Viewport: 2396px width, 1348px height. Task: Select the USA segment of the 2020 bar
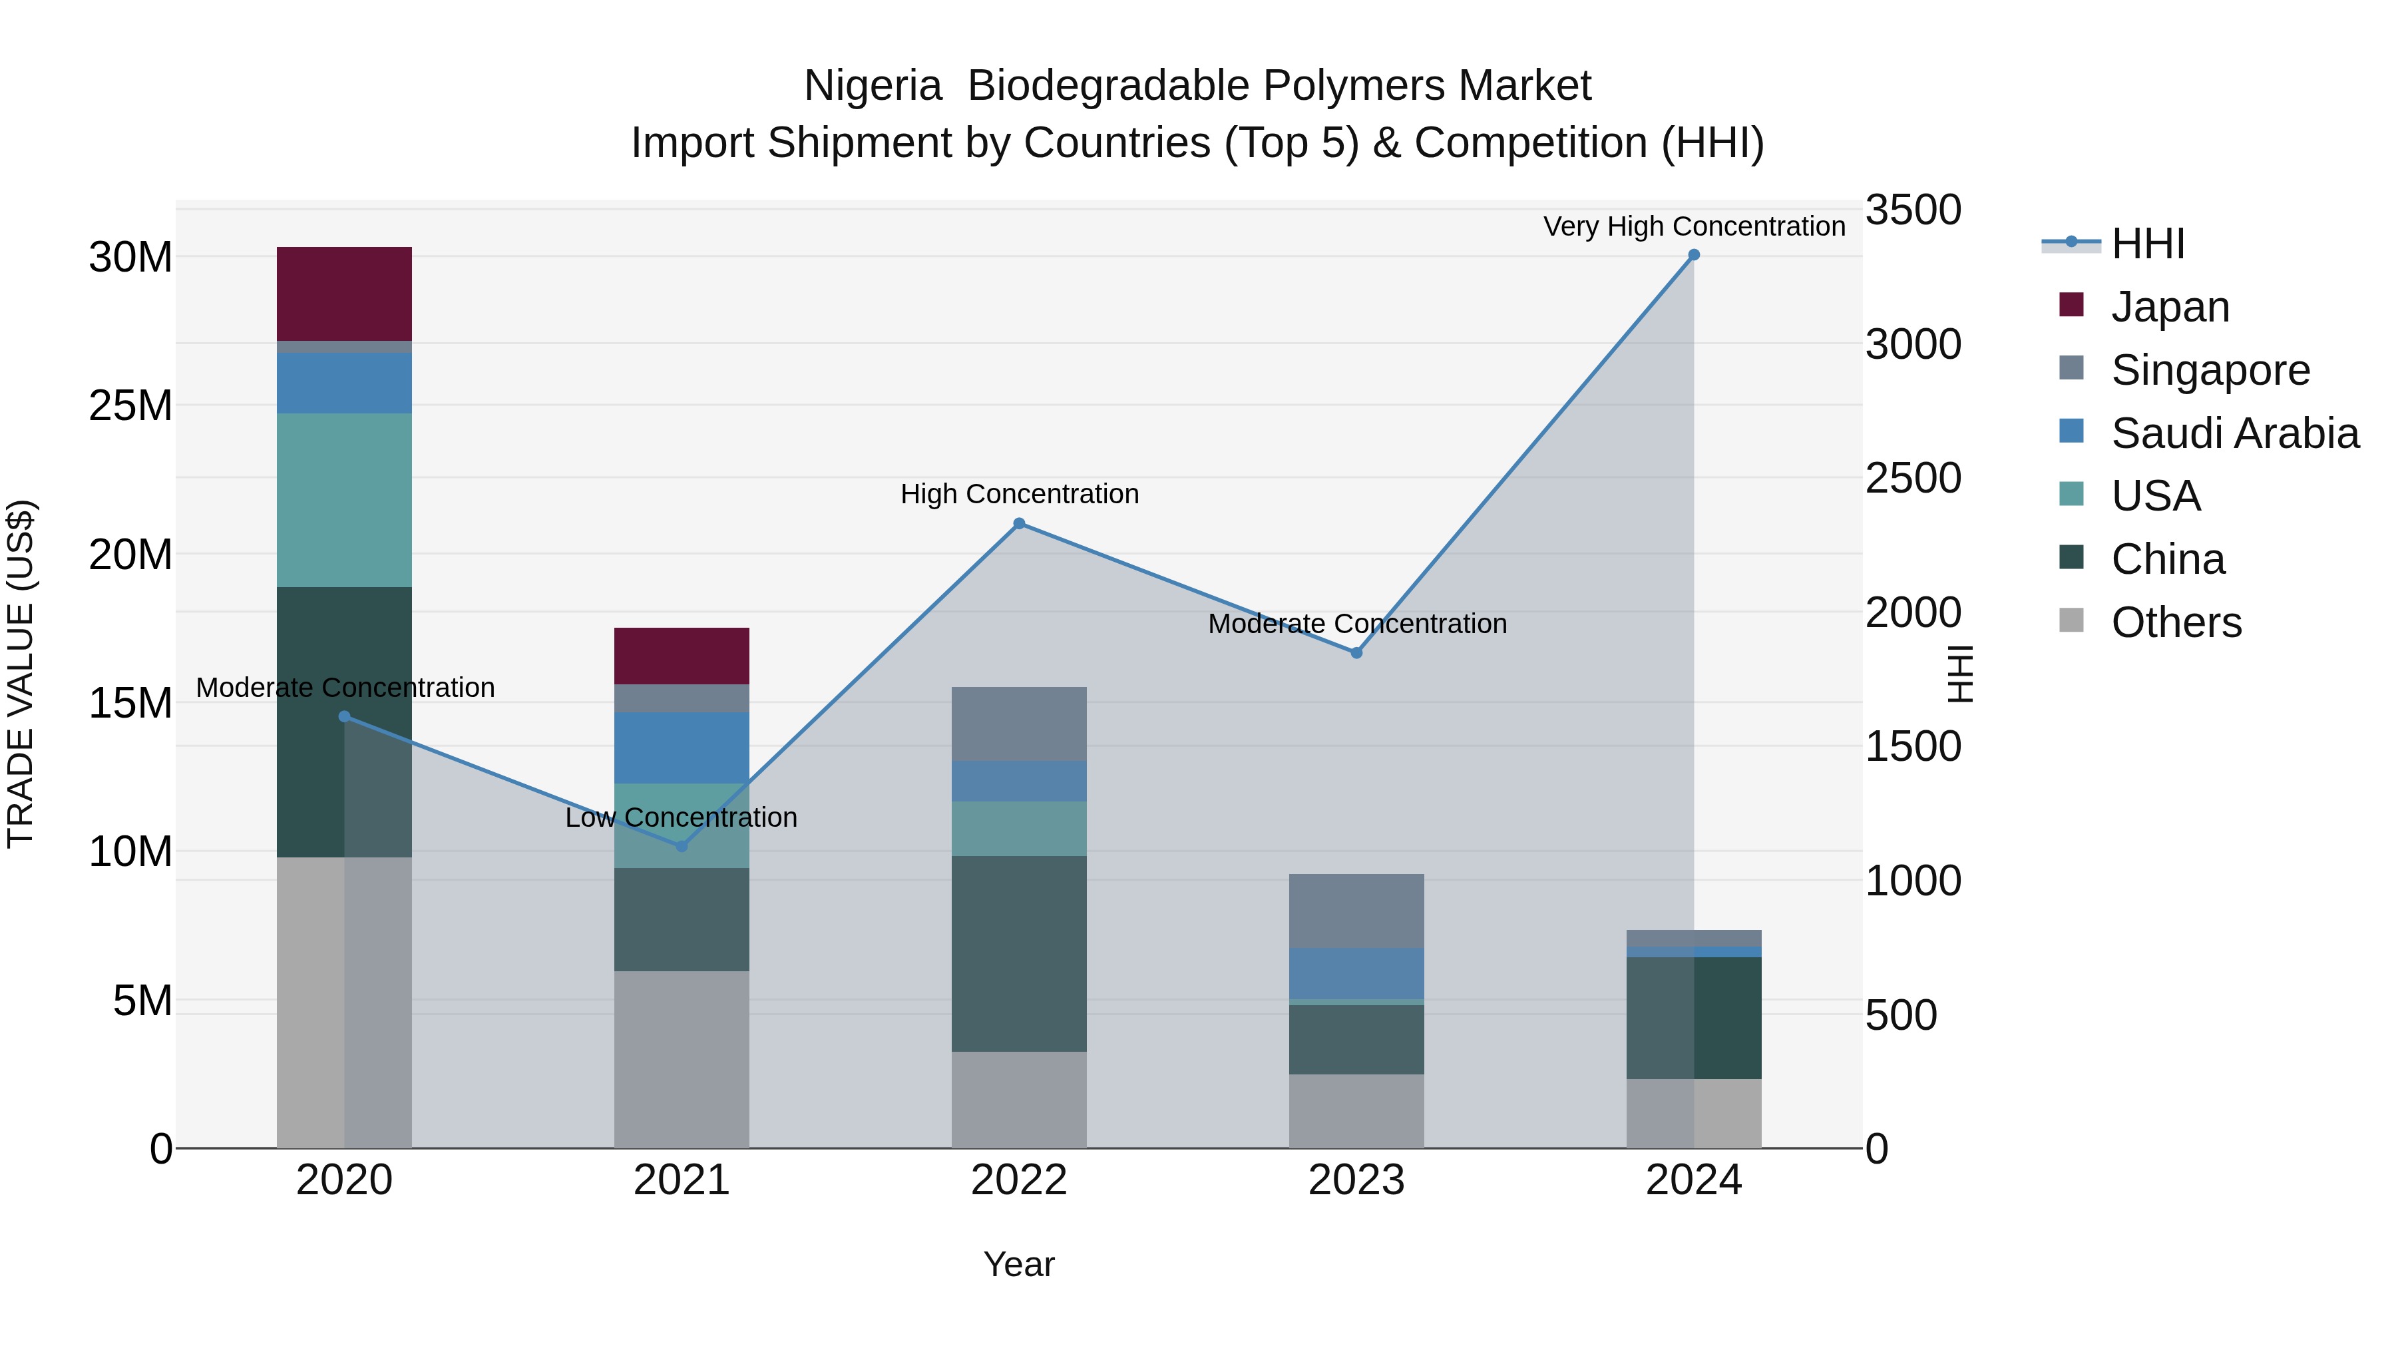pos(344,499)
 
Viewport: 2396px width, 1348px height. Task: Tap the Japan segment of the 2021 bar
pos(681,656)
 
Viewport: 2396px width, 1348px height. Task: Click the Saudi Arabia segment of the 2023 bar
pos(1356,973)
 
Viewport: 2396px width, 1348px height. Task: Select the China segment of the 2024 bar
pos(1694,1018)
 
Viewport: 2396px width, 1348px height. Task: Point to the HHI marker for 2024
pos(1694,255)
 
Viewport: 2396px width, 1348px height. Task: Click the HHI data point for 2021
pos(681,845)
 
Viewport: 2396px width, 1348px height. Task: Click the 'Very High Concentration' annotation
pos(1694,226)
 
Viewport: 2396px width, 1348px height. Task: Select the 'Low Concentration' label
pos(681,817)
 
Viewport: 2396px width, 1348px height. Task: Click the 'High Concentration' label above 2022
pos(1020,494)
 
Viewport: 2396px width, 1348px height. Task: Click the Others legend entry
pos(2176,622)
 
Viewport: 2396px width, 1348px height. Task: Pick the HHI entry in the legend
pos(2148,244)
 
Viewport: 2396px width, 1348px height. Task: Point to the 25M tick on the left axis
pos(130,405)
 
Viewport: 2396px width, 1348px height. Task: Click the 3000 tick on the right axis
pos(1913,344)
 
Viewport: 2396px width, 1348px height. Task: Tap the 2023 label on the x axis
pos(1356,1180)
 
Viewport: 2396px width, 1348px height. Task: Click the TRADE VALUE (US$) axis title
pos(21,674)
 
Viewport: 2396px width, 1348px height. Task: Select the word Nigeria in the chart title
pos(873,86)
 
